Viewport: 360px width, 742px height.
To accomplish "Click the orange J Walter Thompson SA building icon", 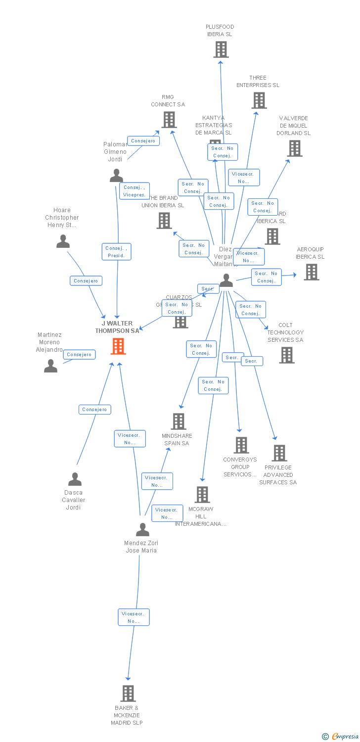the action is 118,346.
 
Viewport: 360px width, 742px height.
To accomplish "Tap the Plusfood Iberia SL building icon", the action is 221,49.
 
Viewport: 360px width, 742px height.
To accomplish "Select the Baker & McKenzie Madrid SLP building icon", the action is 128,693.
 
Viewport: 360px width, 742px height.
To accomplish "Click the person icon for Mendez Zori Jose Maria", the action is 142,529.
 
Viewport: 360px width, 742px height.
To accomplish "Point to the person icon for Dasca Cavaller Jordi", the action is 75,479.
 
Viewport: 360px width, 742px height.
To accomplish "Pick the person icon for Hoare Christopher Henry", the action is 63,241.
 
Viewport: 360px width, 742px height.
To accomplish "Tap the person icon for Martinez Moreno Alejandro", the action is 50,366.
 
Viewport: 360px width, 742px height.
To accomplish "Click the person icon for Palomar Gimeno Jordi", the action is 116,176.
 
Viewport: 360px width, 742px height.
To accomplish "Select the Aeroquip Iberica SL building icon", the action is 311,272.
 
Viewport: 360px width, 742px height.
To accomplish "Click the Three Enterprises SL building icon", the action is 259,100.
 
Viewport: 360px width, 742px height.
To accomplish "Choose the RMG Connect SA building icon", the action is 169,120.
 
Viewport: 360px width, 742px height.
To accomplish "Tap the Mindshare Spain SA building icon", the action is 178,421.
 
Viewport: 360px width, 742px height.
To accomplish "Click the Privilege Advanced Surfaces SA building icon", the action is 279,453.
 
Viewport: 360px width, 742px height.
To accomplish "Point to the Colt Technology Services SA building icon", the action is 286,355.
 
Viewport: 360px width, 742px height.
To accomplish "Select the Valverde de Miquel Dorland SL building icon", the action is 294,148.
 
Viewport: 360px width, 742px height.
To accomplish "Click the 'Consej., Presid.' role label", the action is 117,252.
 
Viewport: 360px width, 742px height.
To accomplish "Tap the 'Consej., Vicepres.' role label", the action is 134,191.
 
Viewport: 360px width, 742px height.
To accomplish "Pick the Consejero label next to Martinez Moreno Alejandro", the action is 79,355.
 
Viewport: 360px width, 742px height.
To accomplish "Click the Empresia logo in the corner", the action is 341,737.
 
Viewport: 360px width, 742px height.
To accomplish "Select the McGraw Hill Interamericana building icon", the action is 202,494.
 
